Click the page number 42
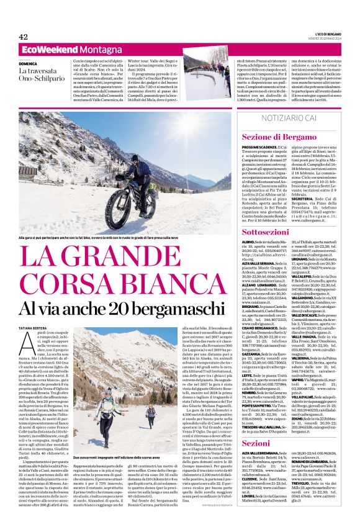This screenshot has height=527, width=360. pos(24,37)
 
